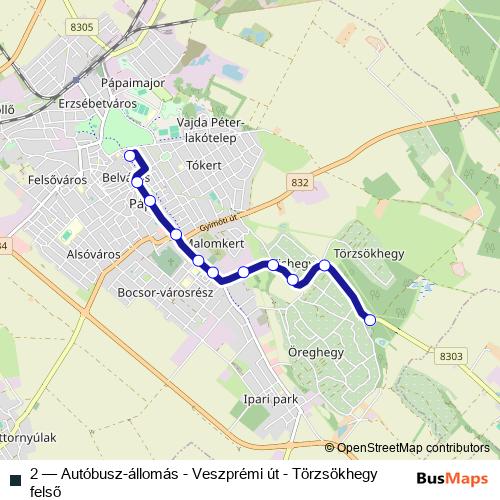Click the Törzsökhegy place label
point(370,254)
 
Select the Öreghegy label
point(315,352)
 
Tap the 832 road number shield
point(300,181)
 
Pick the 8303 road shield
point(452,356)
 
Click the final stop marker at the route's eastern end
point(370,320)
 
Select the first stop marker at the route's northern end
point(129,155)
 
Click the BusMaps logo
point(453,478)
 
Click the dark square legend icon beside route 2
point(14,473)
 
